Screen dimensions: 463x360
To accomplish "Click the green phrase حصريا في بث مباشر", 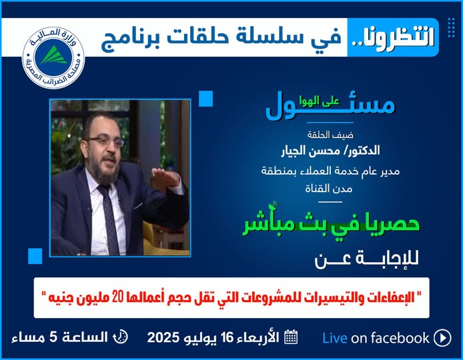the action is [331, 224].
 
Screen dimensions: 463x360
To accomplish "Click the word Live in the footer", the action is [334, 338].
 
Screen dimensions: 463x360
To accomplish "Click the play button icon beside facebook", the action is [442, 338].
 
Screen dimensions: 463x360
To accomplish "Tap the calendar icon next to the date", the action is [291, 337].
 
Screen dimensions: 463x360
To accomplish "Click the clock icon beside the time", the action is [121, 337].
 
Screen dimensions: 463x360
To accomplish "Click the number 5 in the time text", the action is [53, 337].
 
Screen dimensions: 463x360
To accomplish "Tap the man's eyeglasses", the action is [106, 141].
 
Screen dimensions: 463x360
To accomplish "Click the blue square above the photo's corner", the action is [205, 99].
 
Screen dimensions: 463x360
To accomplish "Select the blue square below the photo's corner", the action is [35, 256].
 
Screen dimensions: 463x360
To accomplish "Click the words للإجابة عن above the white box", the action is [366, 260].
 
